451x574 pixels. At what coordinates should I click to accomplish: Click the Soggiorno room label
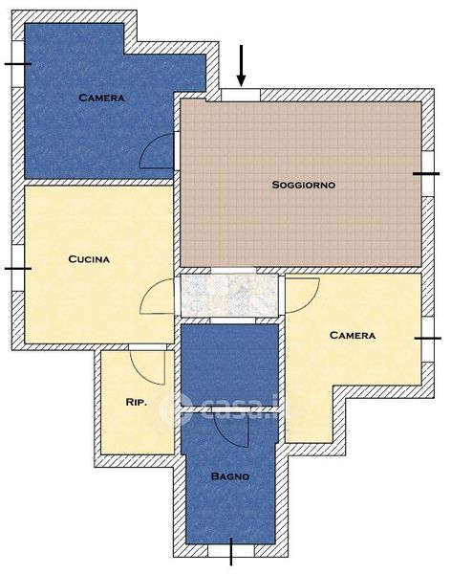pyautogui.click(x=303, y=185)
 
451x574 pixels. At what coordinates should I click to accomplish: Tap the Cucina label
pyautogui.click(x=89, y=259)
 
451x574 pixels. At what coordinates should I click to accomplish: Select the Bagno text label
pyautogui.click(x=230, y=476)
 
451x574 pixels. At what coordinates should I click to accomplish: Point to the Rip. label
pyautogui.click(x=136, y=402)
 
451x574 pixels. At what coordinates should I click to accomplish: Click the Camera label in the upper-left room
pyautogui.click(x=101, y=98)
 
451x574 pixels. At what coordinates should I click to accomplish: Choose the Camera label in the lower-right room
pyautogui.click(x=353, y=335)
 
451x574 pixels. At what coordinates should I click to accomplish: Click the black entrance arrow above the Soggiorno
pyautogui.click(x=241, y=66)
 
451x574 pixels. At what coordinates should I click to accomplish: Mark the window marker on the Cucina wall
pyautogui.click(x=17, y=268)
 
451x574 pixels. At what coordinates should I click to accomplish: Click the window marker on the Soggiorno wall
pyautogui.click(x=426, y=174)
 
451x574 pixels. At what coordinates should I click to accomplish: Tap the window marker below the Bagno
pyautogui.click(x=231, y=551)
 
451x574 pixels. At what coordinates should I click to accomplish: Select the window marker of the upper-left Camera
pyautogui.click(x=17, y=64)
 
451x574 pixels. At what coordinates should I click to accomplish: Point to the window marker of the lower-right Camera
pyautogui.click(x=428, y=339)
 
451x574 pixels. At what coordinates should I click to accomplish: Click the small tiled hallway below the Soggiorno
pyautogui.click(x=229, y=295)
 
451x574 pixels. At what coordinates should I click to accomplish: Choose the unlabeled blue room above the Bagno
pyautogui.click(x=229, y=365)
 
